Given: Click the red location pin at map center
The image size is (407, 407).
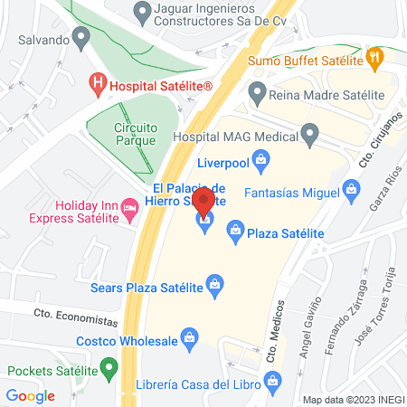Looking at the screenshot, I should pyautogui.click(x=204, y=201).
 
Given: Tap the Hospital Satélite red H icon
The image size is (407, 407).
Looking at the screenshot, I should pyautogui.click(x=98, y=86).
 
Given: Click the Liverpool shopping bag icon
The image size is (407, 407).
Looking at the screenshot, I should pyautogui.click(x=261, y=164).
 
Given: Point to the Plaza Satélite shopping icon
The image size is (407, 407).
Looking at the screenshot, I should pyautogui.click(x=236, y=232).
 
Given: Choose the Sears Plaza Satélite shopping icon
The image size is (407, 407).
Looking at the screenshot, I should pyautogui.click(x=215, y=285).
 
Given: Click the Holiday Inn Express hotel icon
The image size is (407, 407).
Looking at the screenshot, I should pyautogui.click(x=132, y=210).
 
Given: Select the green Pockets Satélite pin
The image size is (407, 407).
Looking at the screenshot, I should pyautogui.click(x=109, y=369).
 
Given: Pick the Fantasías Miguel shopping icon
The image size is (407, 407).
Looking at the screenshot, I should pyautogui.click(x=353, y=191).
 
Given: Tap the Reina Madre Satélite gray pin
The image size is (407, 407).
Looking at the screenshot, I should pyautogui.click(x=257, y=92).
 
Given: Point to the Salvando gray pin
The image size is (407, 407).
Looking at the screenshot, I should pyautogui.click(x=80, y=39).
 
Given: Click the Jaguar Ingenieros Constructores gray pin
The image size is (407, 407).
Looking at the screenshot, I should pyautogui.click(x=141, y=13).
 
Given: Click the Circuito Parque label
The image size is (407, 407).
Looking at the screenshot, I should pyautogui.click(x=136, y=134).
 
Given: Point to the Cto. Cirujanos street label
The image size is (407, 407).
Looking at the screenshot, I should pyautogui.click(x=383, y=137).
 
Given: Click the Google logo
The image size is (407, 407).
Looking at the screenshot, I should pyautogui.click(x=30, y=395).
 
